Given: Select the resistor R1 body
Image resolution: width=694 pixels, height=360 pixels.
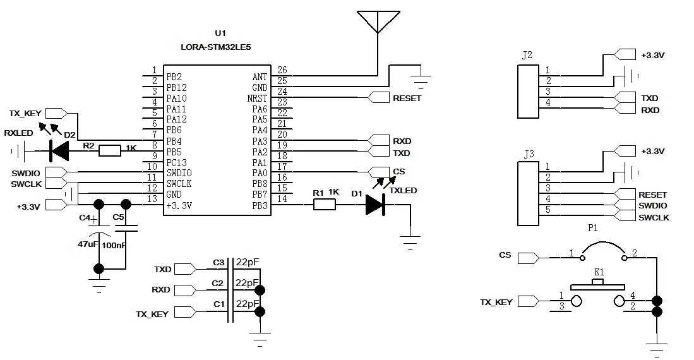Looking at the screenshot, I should (x=325, y=204).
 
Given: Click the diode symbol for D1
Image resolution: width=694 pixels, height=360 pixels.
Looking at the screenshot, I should (x=375, y=204).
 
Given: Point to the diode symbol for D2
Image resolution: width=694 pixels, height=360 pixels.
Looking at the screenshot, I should (x=59, y=150).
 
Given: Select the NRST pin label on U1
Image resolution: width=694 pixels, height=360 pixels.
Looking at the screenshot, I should (x=257, y=99).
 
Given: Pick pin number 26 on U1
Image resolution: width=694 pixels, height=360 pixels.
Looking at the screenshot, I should (x=282, y=70).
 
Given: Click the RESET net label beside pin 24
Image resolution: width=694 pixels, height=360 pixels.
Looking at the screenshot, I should (x=407, y=99).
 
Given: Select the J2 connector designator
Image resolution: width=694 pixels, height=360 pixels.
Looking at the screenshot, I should (x=527, y=55).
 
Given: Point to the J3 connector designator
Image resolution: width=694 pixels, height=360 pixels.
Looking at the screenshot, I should (x=529, y=153).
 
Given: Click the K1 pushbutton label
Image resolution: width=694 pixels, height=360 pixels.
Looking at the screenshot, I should (x=599, y=272).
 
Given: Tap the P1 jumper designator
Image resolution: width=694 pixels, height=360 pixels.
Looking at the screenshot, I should (x=592, y=229).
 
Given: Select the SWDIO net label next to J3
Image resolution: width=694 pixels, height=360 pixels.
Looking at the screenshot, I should (x=653, y=206).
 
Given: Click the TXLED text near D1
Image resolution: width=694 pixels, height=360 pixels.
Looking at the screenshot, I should (x=403, y=190).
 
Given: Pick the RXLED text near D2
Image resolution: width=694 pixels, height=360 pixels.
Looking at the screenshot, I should (x=18, y=133).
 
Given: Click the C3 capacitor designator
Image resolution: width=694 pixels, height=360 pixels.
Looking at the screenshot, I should (x=218, y=262).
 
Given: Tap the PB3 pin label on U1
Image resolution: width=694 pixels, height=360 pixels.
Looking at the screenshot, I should (x=260, y=205).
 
